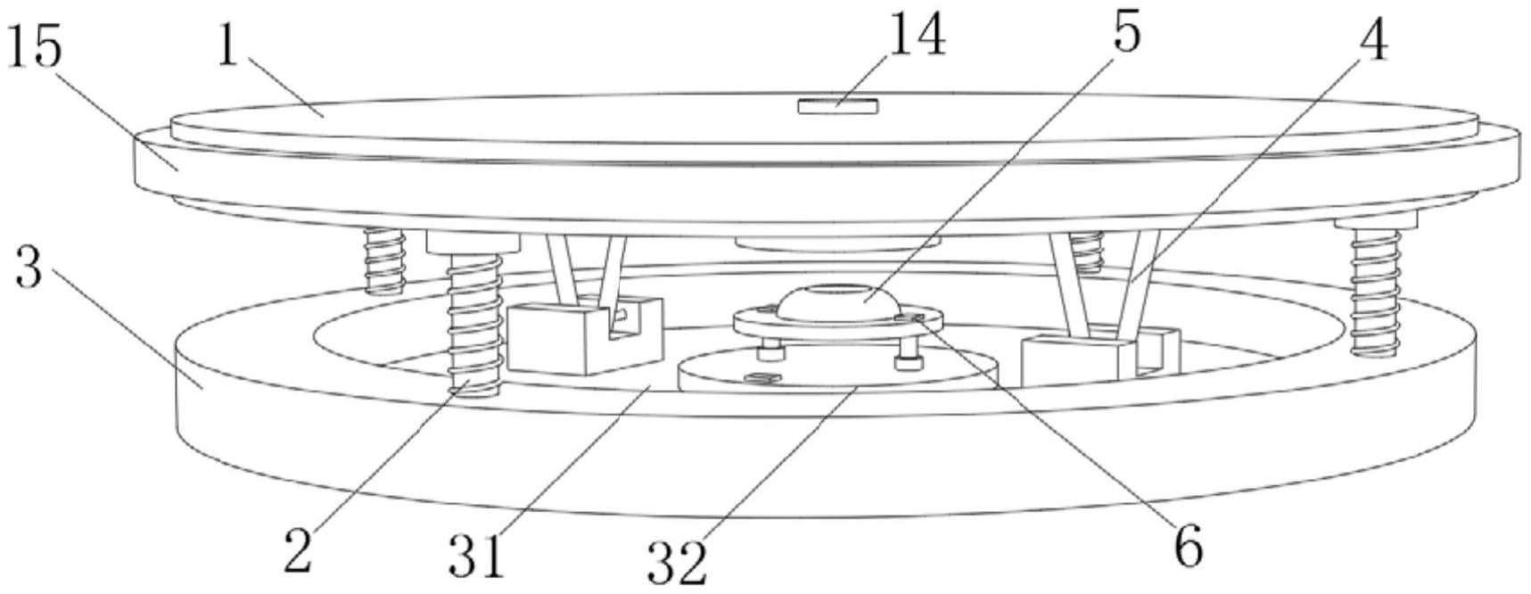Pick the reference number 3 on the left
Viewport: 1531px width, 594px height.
[29, 266]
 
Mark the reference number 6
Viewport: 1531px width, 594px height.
[1188, 546]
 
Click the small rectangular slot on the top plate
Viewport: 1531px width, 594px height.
[837, 107]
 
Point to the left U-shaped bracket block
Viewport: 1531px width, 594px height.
[584, 334]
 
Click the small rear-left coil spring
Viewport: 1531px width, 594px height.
[384, 260]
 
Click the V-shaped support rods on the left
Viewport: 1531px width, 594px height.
[584, 268]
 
